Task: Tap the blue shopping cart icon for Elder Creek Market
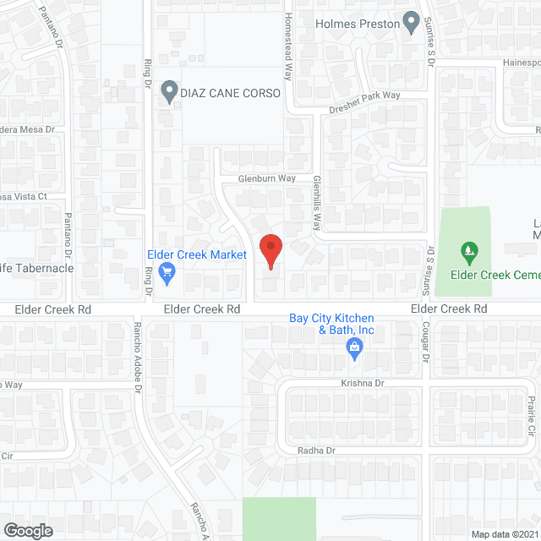click(167, 272)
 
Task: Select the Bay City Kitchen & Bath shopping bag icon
click(355, 347)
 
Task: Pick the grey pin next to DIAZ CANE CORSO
click(169, 90)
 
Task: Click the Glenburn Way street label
click(266, 178)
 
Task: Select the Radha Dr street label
click(317, 451)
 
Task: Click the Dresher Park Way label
click(365, 96)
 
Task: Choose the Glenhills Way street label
click(318, 204)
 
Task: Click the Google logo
click(27, 531)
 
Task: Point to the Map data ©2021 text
click(505, 534)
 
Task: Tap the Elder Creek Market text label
click(196, 254)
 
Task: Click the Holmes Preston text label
click(358, 24)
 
